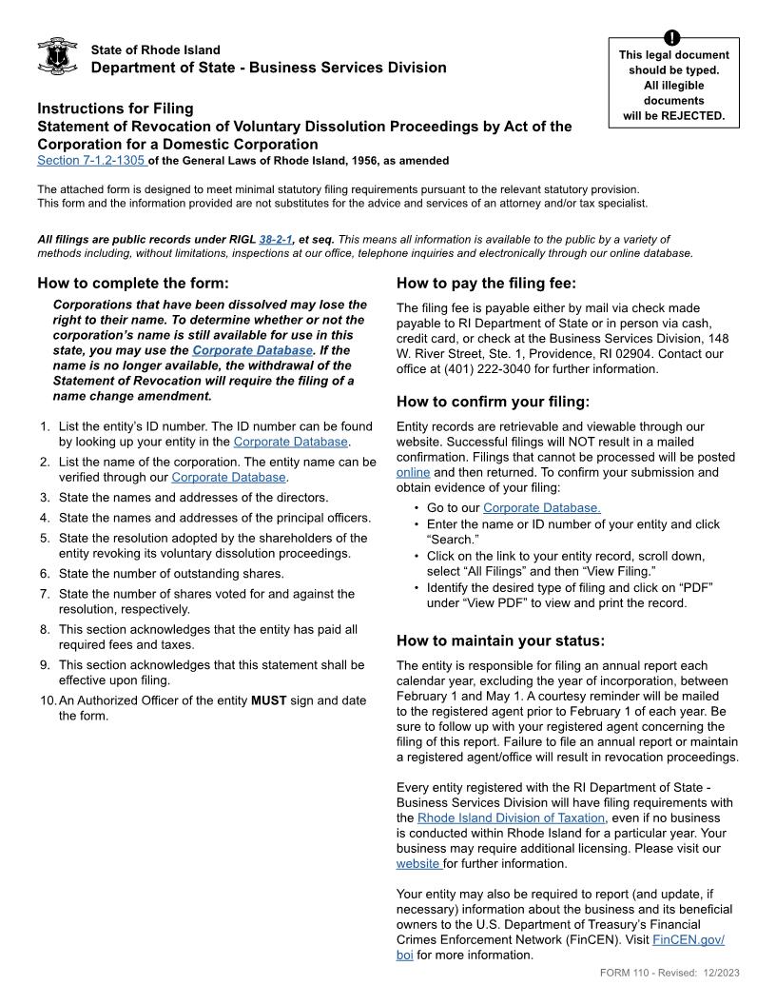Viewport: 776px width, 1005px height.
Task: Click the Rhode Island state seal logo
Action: click(56, 57)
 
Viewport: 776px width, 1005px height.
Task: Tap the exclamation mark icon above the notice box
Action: click(673, 38)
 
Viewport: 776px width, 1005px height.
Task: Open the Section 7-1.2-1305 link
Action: click(91, 160)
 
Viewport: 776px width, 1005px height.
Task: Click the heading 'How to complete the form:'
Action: click(133, 283)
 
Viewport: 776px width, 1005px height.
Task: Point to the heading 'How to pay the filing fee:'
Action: click(486, 283)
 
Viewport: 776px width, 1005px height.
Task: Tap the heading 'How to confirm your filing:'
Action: click(493, 401)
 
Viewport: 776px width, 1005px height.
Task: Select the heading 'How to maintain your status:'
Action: click(500, 640)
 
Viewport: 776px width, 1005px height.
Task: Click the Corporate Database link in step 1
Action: click(291, 442)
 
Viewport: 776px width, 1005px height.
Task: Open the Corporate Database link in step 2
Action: click(228, 477)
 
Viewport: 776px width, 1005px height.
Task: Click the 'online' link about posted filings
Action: click(413, 472)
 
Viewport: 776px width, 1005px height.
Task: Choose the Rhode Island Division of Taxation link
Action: click(511, 818)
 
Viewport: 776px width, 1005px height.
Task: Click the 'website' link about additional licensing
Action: click(417, 863)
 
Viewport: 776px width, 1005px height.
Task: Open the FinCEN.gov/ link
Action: click(689, 939)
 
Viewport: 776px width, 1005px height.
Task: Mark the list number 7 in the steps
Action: click(45, 593)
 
